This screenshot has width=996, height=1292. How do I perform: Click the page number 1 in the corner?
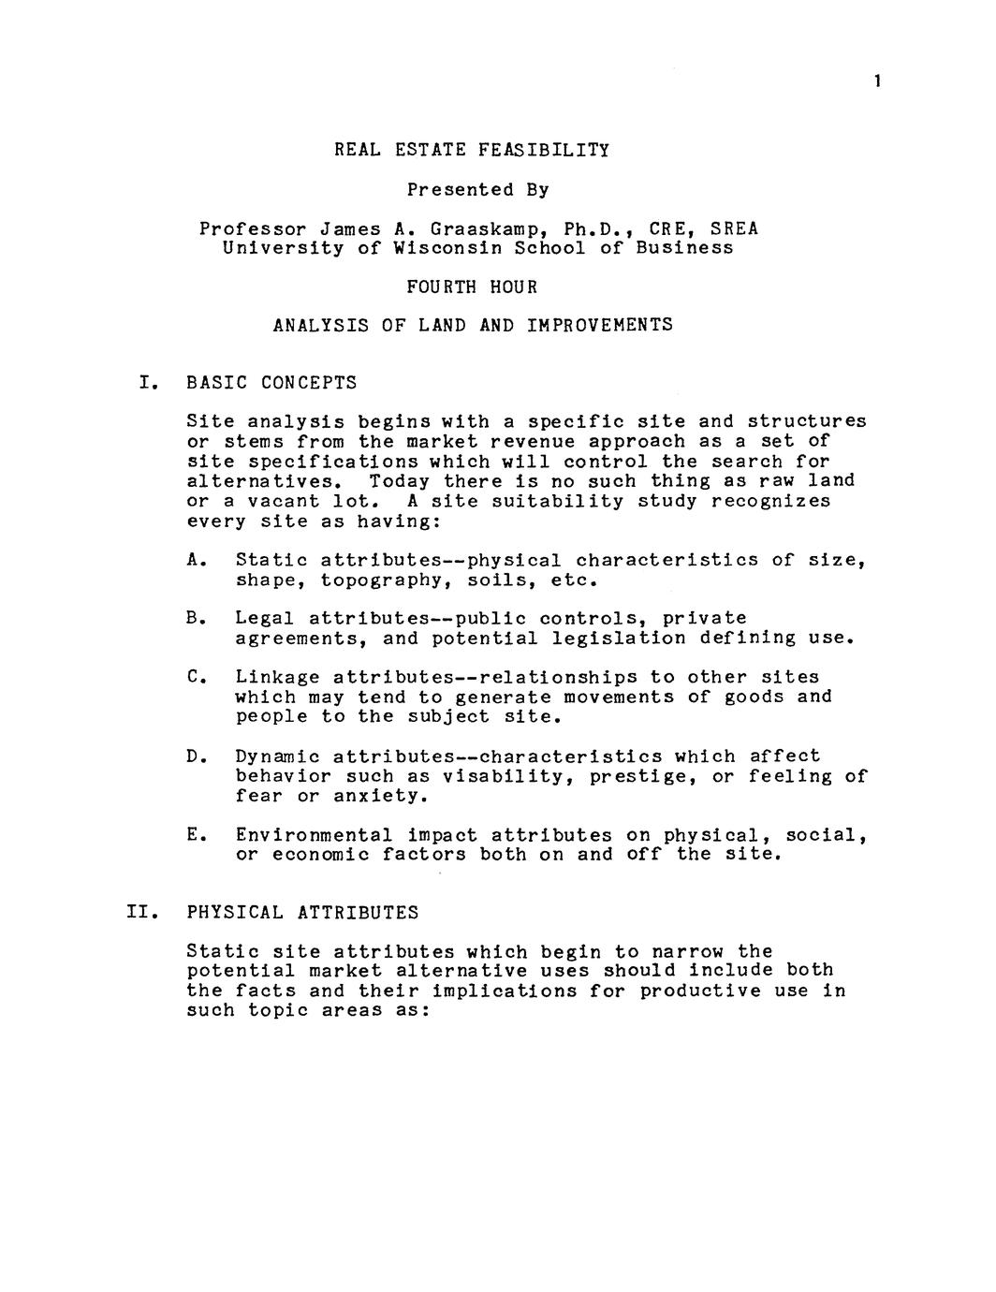click(877, 81)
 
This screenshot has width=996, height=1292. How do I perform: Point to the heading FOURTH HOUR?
click(472, 286)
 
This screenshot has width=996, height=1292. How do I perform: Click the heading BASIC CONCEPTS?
click(271, 382)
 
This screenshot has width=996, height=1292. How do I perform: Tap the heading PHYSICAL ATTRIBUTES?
click(302, 912)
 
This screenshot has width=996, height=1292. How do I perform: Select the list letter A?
click(195, 560)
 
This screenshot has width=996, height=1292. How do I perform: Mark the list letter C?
click(195, 677)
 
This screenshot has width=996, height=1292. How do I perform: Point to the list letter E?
click(195, 834)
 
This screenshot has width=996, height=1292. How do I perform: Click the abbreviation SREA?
click(734, 228)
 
